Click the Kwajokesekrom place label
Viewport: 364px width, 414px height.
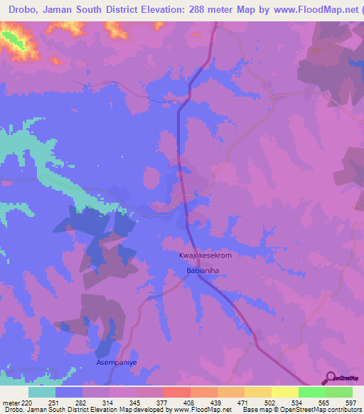(205, 255)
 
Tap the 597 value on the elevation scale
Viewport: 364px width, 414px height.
(350, 403)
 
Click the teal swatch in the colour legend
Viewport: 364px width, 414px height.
(42, 392)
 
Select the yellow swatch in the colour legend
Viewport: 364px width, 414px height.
(285, 392)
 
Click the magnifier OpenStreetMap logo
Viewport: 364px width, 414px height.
(331, 378)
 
